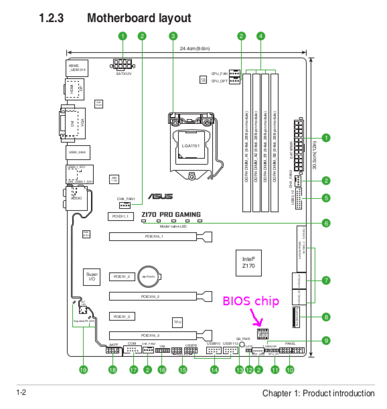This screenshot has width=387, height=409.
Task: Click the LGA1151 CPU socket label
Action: (190, 146)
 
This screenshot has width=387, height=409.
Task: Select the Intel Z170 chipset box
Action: (249, 263)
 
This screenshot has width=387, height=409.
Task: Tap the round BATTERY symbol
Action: (149, 277)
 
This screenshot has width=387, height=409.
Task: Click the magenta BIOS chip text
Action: (251, 301)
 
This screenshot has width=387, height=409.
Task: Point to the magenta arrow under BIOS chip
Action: (256, 318)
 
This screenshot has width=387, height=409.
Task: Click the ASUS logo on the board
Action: (160, 197)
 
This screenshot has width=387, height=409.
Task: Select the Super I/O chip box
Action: (92, 277)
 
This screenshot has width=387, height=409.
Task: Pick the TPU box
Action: (177, 322)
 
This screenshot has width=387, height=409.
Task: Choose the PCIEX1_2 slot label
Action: (122, 277)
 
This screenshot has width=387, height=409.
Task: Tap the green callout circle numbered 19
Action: (83, 370)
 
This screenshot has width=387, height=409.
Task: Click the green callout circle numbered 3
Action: (173, 36)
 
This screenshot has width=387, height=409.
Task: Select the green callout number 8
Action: (326, 317)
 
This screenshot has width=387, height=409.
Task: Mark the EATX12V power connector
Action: (123, 64)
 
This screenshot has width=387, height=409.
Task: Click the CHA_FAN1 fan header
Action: (125, 205)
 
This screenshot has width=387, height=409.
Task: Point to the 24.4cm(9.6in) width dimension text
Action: (195, 48)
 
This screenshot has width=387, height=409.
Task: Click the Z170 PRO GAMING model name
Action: (171, 215)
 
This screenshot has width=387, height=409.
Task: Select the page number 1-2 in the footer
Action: (21, 392)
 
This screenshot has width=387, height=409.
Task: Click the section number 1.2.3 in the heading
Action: (51, 18)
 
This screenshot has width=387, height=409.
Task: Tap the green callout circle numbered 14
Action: (214, 370)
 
